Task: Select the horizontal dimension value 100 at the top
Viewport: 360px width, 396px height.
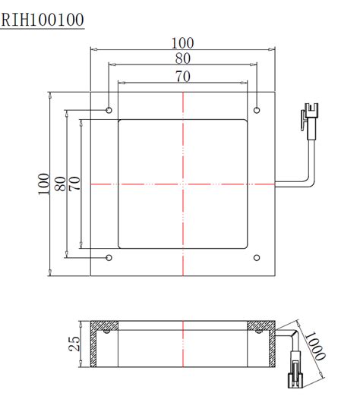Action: (x=183, y=42)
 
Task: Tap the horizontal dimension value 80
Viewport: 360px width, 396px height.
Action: (x=183, y=58)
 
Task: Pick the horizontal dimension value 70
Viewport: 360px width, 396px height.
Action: (x=183, y=76)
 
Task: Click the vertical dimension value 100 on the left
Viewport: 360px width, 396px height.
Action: (x=43, y=184)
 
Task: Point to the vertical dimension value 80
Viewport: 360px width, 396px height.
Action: (x=59, y=184)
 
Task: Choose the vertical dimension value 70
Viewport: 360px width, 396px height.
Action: (x=74, y=184)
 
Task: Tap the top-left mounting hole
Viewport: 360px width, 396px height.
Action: (x=109, y=111)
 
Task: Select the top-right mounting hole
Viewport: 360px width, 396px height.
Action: (x=257, y=111)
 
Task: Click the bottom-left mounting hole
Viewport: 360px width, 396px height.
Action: (x=109, y=257)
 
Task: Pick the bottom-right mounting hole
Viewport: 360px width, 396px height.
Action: (x=257, y=257)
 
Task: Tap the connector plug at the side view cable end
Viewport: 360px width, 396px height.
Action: (x=292, y=379)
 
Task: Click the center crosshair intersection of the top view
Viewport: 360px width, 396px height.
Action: (x=183, y=184)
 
